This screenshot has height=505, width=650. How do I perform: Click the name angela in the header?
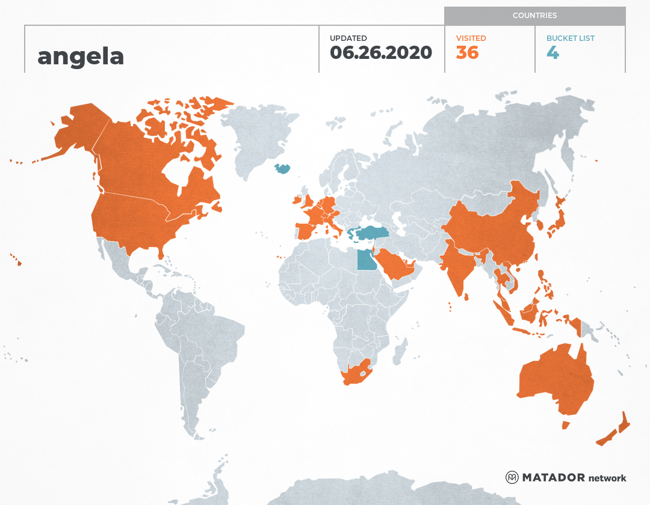coord(81,57)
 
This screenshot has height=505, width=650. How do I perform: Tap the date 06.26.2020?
coord(381,53)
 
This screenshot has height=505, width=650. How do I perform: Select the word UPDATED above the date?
coord(348,38)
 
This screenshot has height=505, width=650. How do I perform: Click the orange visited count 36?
coord(467,53)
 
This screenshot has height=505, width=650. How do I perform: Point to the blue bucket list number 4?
coord(552,53)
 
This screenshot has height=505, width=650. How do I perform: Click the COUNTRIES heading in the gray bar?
coord(534,16)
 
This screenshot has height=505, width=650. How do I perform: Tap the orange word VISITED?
coord(471,38)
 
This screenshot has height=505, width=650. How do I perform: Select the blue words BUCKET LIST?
coord(570,38)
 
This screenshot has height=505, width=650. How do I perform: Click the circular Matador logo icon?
coord(512,477)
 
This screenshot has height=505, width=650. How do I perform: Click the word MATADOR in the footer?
coord(553,478)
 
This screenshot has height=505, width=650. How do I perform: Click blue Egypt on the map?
coord(365,261)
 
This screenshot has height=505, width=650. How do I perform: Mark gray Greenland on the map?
coord(256,138)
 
